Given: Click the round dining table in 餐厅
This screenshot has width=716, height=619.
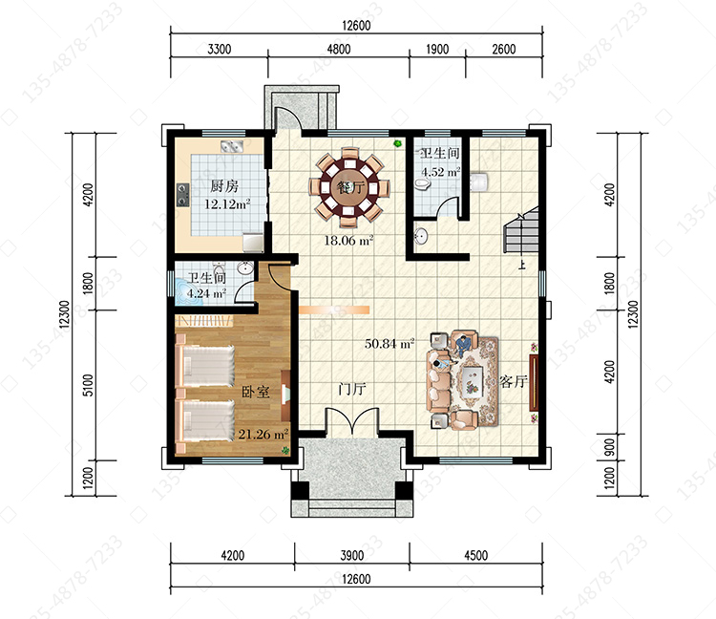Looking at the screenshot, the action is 348,187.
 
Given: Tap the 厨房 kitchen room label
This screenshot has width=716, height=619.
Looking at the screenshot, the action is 224,186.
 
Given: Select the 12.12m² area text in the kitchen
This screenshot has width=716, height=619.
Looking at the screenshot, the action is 227,203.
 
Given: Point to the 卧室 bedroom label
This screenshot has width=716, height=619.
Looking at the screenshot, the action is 255,392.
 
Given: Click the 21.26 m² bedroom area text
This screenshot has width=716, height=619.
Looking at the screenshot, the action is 263,434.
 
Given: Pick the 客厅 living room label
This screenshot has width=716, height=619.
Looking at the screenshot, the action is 514,381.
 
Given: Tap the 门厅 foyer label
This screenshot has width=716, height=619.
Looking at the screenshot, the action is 352,389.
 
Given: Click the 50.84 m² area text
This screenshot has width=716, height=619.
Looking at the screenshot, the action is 390,343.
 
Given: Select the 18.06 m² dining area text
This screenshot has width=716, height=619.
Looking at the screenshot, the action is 348,241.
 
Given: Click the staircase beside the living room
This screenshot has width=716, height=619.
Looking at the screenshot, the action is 521,232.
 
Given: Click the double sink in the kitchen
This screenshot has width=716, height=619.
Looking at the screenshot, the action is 232,146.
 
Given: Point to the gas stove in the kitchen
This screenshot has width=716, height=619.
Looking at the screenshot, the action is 183,194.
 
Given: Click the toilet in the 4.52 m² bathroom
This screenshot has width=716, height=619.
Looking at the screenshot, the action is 423,184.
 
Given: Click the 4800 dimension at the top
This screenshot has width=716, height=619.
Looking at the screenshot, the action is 338,49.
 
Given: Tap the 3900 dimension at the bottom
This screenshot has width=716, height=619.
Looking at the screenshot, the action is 351,556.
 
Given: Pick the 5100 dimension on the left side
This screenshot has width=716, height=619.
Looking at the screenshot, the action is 88,385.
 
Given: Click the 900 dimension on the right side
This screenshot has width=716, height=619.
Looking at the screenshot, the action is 610,448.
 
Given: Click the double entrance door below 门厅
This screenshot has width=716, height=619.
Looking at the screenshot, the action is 351,420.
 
